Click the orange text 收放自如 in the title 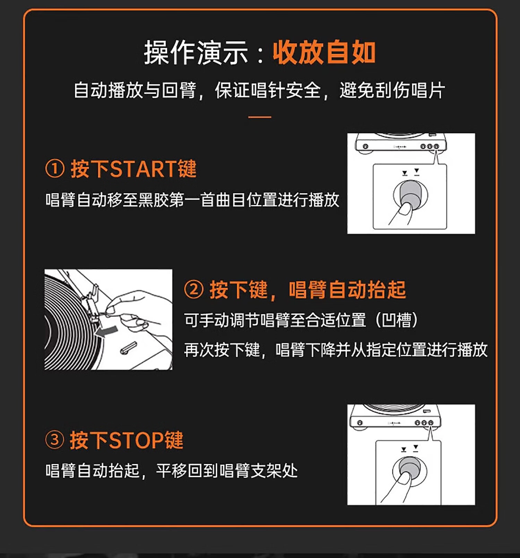pyautogui.click(x=324, y=53)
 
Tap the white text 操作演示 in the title pyautogui.click(x=196, y=53)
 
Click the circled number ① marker pyautogui.click(x=55, y=169)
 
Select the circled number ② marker pyautogui.click(x=193, y=289)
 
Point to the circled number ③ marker pyautogui.click(x=55, y=440)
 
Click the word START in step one pyautogui.click(x=143, y=169)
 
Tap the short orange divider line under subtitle pyautogui.click(x=260, y=117)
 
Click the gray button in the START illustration pyautogui.click(x=410, y=193)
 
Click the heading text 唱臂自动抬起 pyautogui.click(x=347, y=290)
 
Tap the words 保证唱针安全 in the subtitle pyautogui.click(x=268, y=90)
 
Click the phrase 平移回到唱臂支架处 pyautogui.click(x=227, y=470)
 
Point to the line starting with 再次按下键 pyautogui.click(x=336, y=350)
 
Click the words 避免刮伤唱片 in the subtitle pyautogui.click(x=392, y=90)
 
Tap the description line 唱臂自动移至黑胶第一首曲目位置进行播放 pyautogui.click(x=192, y=200)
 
